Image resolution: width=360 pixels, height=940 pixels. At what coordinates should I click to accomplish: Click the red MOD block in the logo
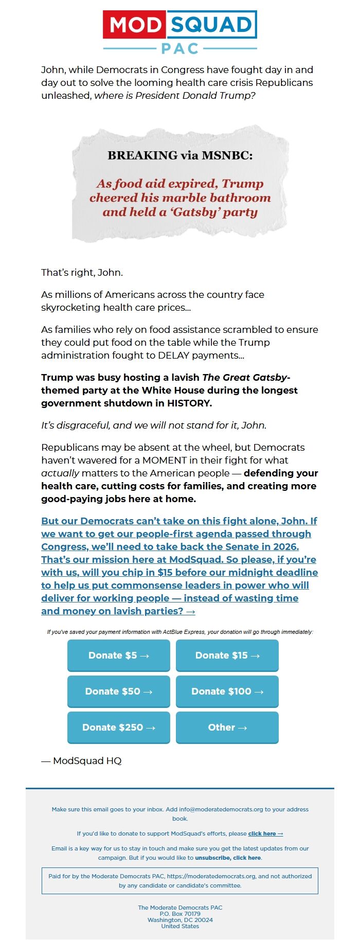tap(135, 25)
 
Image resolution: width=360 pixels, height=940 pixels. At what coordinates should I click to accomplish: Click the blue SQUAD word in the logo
tap(211, 25)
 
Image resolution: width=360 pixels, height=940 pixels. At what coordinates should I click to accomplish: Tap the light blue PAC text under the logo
tap(180, 48)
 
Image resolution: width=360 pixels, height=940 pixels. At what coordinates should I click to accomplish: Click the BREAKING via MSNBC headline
tap(180, 155)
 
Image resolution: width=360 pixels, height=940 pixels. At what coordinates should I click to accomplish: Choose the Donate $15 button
tap(227, 655)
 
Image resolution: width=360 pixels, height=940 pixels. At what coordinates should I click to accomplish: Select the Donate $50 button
tap(119, 691)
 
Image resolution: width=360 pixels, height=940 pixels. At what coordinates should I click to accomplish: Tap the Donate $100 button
tap(227, 691)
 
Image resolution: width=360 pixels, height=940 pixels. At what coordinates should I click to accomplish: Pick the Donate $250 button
tap(119, 728)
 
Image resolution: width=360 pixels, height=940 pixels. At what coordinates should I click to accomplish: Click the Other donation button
tap(227, 728)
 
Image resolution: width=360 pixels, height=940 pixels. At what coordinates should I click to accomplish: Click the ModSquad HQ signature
tap(82, 761)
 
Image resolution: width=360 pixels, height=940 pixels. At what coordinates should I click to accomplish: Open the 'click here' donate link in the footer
tap(265, 833)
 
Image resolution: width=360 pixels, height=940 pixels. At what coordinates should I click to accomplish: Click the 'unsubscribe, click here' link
tap(228, 858)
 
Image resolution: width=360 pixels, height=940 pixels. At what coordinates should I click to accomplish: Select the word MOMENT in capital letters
tap(158, 460)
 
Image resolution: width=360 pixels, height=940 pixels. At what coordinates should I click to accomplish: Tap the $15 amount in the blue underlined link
tap(165, 573)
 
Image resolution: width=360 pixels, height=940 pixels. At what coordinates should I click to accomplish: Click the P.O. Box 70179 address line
tap(180, 914)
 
